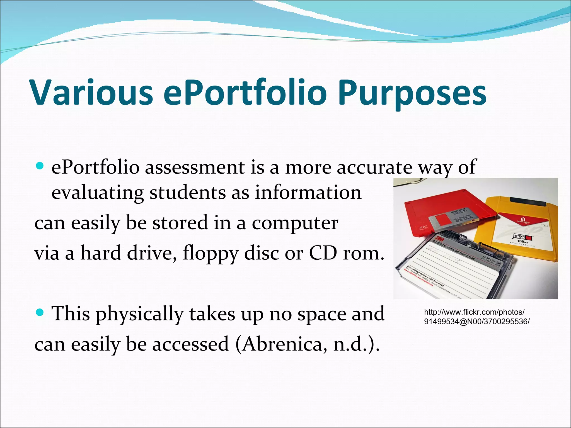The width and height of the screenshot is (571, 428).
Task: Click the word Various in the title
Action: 92,93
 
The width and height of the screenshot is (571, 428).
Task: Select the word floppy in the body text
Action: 211,254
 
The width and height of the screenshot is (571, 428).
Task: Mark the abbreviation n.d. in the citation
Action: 350,344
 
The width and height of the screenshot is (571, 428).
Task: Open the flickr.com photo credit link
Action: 476,317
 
